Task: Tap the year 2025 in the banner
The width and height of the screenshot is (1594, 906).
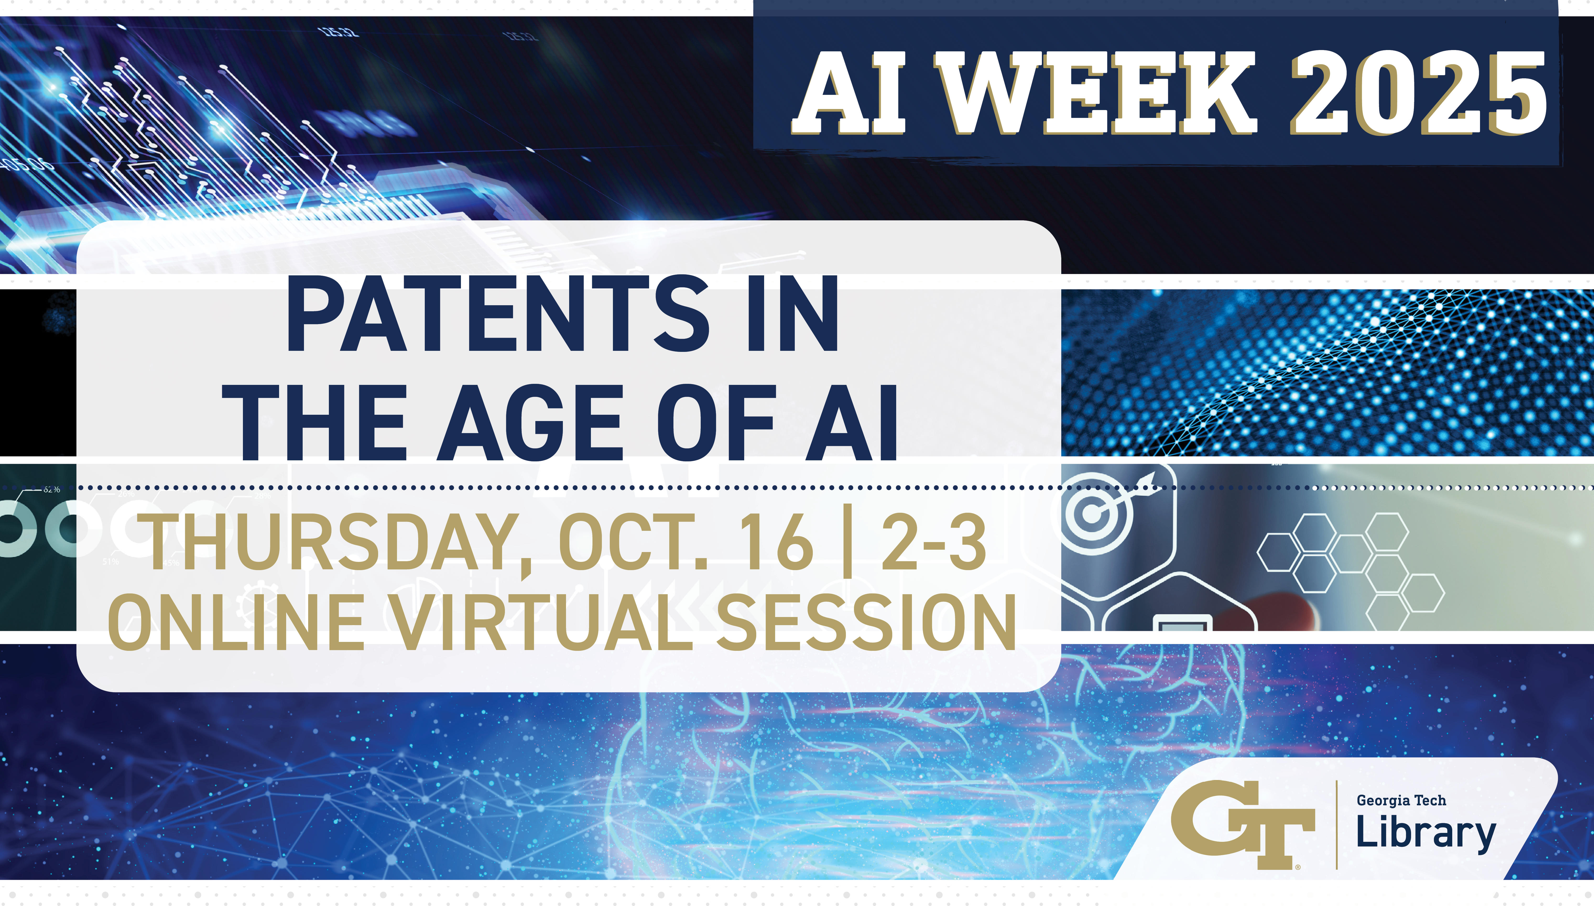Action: (x=1418, y=93)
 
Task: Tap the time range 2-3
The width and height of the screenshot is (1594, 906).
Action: (x=933, y=541)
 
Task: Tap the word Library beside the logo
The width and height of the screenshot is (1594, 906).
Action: (x=1426, y=834)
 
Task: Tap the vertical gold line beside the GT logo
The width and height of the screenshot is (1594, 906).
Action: (x=1336, y=825)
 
